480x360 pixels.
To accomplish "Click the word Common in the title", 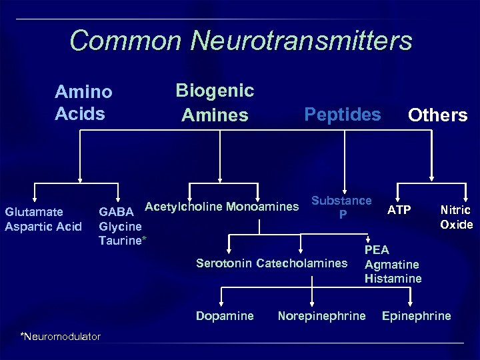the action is pyautogui.click(x=125, y=41).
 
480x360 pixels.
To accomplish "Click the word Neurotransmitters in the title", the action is pyautogui.click(x=301, y=41).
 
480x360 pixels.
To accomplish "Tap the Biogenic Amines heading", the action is pyautogui.click(x=215, y=102).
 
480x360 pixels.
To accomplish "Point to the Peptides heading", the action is pyautogui.click(x=342, y=114).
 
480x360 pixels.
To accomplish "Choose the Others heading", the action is pyautogui.click(x=437, y=115).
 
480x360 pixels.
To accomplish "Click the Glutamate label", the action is pyautogui.click(x=34, y=212).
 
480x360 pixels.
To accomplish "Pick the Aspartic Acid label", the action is pyautogui.click(x=43, y=226).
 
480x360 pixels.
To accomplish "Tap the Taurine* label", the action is pyautogui.click(x=123, y=239).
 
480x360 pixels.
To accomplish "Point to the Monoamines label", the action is pyautogui.click(x=262, y=206).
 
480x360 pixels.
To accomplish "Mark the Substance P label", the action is pyautogui.click(x=342, y=207).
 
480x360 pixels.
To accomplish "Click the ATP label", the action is pyautogui.click(x=399, y=211).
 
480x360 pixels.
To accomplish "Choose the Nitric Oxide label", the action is pyautogui.click(x=457, y=217).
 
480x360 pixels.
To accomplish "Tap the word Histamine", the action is pyautogui.click(x=393, y=278).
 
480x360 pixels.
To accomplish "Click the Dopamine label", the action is pyautogui.click(x=225, y=315).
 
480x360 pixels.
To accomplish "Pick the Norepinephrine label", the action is pyautogui.click(x=321, y=315).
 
